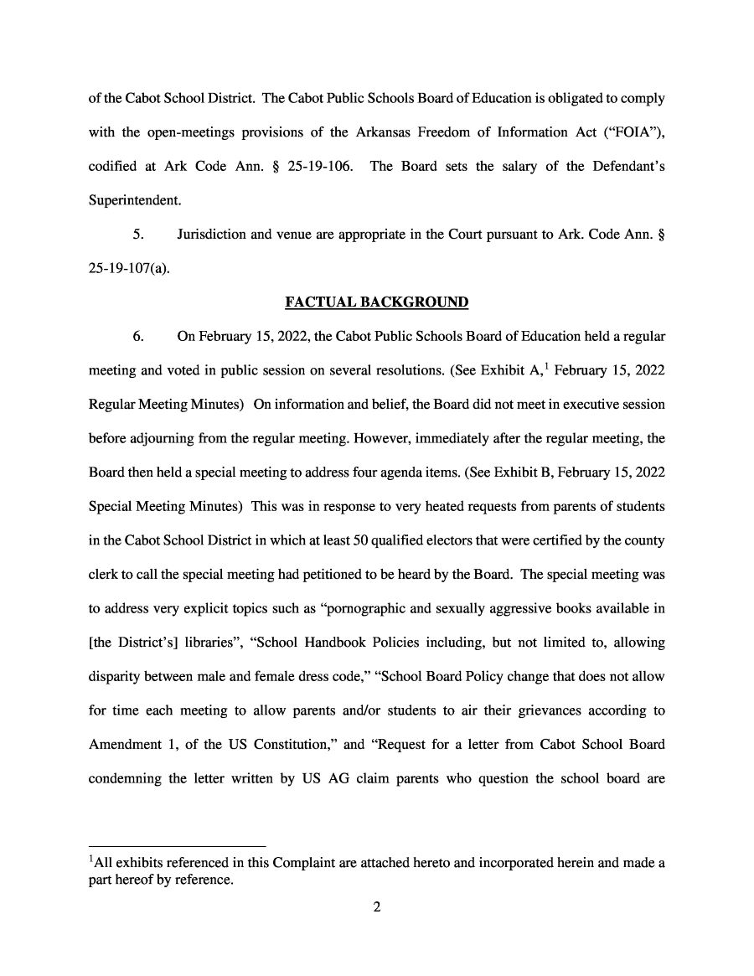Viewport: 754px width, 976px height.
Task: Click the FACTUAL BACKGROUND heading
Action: tap(376, 302)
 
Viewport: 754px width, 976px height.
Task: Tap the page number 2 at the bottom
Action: tap(377, 906)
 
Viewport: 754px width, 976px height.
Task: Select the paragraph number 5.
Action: tap(138, 234)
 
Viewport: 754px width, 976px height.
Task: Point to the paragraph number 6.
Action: tap(138, 337)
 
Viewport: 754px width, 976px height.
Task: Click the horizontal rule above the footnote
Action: tap(177, 844)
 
